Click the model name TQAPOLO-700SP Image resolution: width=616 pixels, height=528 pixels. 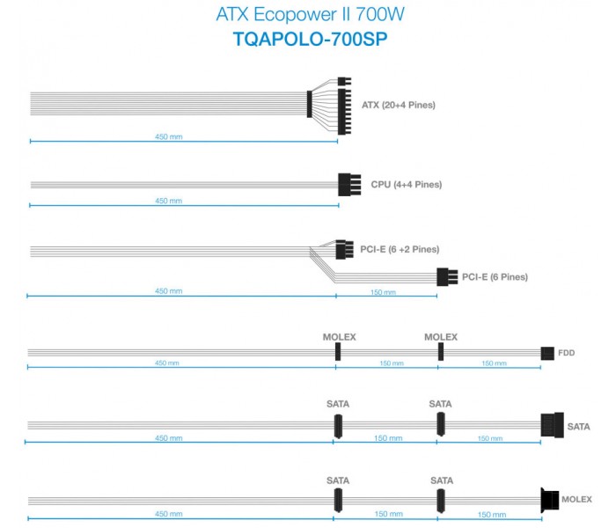pos(311,40)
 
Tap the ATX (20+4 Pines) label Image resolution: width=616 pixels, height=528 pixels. pos(399,105)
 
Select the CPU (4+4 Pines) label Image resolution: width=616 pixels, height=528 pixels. pos(407,184)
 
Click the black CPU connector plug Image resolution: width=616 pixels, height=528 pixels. pos(349,184)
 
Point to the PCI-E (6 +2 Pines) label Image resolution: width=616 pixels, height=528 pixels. pos(400,249)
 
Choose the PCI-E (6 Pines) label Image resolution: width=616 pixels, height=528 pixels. pos(495,277)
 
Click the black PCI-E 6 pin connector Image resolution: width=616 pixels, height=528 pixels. pos(447,276)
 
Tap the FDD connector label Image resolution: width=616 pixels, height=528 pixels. pos(566,353)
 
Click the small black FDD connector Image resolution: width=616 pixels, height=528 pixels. pos(547,353)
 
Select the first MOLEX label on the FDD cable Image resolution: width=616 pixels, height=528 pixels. pos(339,337)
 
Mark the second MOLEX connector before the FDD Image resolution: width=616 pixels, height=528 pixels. pos(441,352)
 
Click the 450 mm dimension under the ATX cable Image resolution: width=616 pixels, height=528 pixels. pos(169,136)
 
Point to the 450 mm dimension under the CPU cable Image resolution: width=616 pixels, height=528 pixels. pos(169,201)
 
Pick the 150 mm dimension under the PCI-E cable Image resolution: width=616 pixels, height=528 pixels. pos(383,292)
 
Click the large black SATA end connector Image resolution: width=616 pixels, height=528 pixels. pos(552,425)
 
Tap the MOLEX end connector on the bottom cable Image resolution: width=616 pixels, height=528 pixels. pos(550,500)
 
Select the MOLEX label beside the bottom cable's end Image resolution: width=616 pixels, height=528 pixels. pos(576,499)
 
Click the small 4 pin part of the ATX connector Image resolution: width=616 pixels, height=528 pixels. pos(344,82)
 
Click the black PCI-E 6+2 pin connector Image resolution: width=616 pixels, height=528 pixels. pos(344,249)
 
